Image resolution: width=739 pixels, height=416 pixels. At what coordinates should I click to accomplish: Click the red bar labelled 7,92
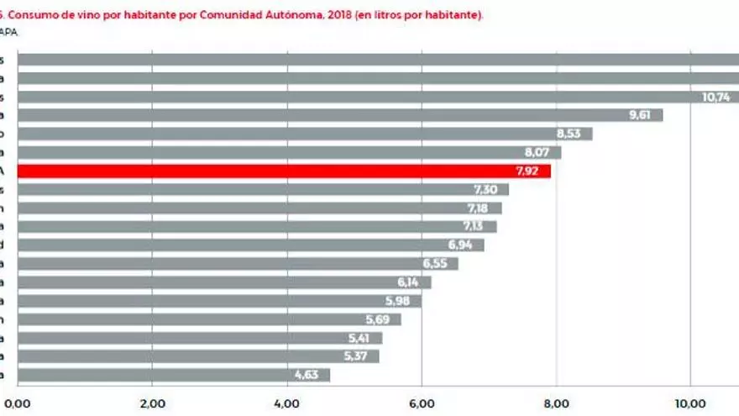click(x=284, y=171)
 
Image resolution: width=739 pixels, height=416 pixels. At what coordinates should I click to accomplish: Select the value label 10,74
click(x=716, y=97)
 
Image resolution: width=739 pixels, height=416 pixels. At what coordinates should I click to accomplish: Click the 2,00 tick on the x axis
click(x=152, y=403)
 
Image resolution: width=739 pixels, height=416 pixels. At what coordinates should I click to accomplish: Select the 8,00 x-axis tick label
click(x=556, y=403)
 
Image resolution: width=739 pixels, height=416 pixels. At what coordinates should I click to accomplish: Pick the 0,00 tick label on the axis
click(x=18, y=403)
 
